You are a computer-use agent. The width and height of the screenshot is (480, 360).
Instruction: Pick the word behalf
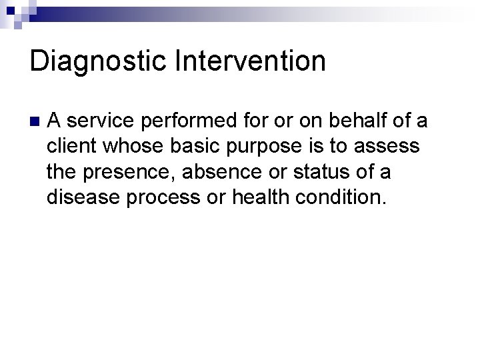tap(357, 121)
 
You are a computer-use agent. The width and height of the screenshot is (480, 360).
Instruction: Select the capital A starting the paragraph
tap(55, 121)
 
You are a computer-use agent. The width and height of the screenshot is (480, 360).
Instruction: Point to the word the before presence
tap(63, 172)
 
